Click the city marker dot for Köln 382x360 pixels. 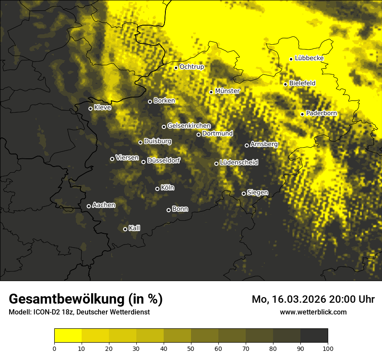click(x=157, y=189)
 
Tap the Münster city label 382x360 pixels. click(x=227, y=91)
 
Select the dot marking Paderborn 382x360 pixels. click(x=302, y=114)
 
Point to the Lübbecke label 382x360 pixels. click(x=309, y=59)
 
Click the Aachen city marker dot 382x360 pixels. click(x=89, y=206)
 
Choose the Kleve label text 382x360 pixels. click(x=102, y=108)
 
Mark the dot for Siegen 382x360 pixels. click(x=244, y=193)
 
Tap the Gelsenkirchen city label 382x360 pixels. click(x=189, y=126)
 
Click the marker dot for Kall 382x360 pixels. click(x=125, y=229)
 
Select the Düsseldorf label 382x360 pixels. click(x=163, y=160)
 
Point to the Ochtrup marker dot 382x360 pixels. click(x=176, y=68)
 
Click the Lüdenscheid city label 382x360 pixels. click(x=239, y=163)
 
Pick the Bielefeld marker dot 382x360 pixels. click(x=285, y=84)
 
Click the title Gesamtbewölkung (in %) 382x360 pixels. click(x=86, y=299)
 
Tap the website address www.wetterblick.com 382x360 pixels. click(x=313, y=312)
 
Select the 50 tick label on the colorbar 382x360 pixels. click(x=191, y=348)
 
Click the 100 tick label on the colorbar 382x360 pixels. click(x=327, y=348)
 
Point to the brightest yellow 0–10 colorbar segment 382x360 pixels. click(x=68, y=336)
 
